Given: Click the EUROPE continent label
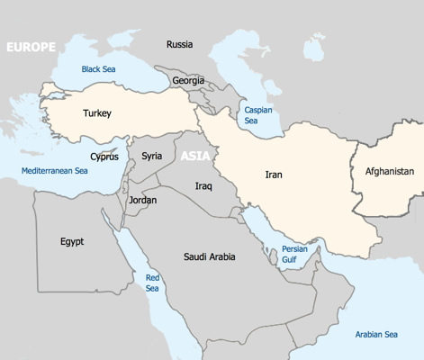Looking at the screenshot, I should coord(31,47).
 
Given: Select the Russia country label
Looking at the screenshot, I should coord(179,44).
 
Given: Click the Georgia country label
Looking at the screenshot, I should coord(188,80).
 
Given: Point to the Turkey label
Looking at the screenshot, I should coord(97,113).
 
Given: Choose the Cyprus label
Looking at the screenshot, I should coord(104,157).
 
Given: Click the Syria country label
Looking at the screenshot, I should coord(152,156).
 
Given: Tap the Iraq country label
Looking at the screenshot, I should coord(203,185).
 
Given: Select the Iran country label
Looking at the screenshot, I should coord(274,175).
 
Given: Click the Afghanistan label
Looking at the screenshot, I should coord(390,171).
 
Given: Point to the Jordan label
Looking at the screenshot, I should coord(142,200).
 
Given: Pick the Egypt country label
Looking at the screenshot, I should coord(72,241).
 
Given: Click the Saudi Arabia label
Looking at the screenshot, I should coord(210,256).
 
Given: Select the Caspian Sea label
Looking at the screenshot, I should coord(258,115).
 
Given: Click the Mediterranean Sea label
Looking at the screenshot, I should coord(55,170).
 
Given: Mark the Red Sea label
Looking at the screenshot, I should coord(152,283).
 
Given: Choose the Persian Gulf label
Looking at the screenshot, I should coord(294,254).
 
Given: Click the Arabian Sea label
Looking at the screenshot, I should coord(375,335).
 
